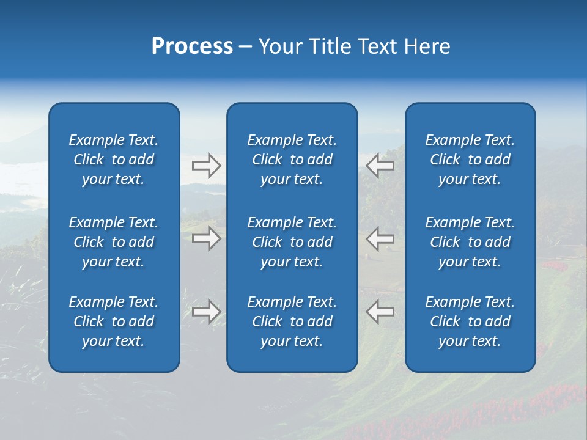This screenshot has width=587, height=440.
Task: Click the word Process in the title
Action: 192,46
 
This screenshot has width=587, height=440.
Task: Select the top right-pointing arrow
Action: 206,166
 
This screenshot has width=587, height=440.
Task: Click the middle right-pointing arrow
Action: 206,238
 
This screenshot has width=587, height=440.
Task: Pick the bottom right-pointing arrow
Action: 206,312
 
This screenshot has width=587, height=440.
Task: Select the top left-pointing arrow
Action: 380,166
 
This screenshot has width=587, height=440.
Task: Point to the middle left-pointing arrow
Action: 380,238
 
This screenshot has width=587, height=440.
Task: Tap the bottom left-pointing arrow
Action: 380,312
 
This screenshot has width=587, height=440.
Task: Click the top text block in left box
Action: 114,159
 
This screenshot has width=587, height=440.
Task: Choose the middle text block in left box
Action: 114,242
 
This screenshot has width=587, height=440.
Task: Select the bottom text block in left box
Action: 114,321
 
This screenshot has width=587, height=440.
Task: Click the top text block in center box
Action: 292,159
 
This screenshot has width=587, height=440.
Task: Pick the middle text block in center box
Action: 292,242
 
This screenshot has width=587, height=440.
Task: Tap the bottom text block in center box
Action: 292,321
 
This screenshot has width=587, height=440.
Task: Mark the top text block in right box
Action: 470,159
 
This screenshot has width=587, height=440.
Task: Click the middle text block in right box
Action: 470,242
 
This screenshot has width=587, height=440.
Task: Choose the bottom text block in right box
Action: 470,321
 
